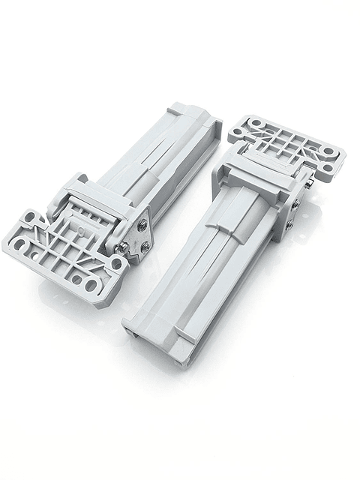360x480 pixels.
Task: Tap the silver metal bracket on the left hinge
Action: click(138, 237)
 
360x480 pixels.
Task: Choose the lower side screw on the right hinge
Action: click(289, 223)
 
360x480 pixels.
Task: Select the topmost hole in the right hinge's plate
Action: click(256, 122)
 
